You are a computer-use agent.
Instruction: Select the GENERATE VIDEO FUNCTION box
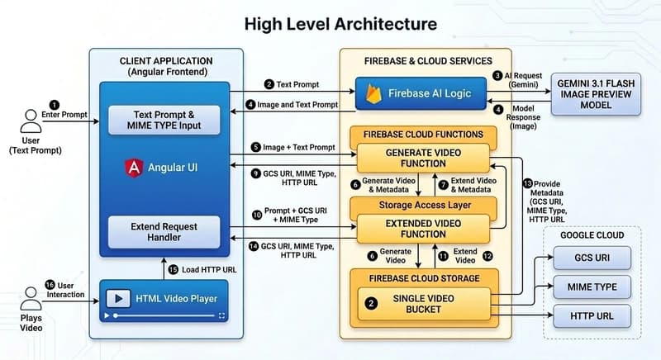(x=423, y=158)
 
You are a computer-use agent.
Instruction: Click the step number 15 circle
(x=174, y=268)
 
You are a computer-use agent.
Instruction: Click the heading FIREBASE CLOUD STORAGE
(x=423, y=277)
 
